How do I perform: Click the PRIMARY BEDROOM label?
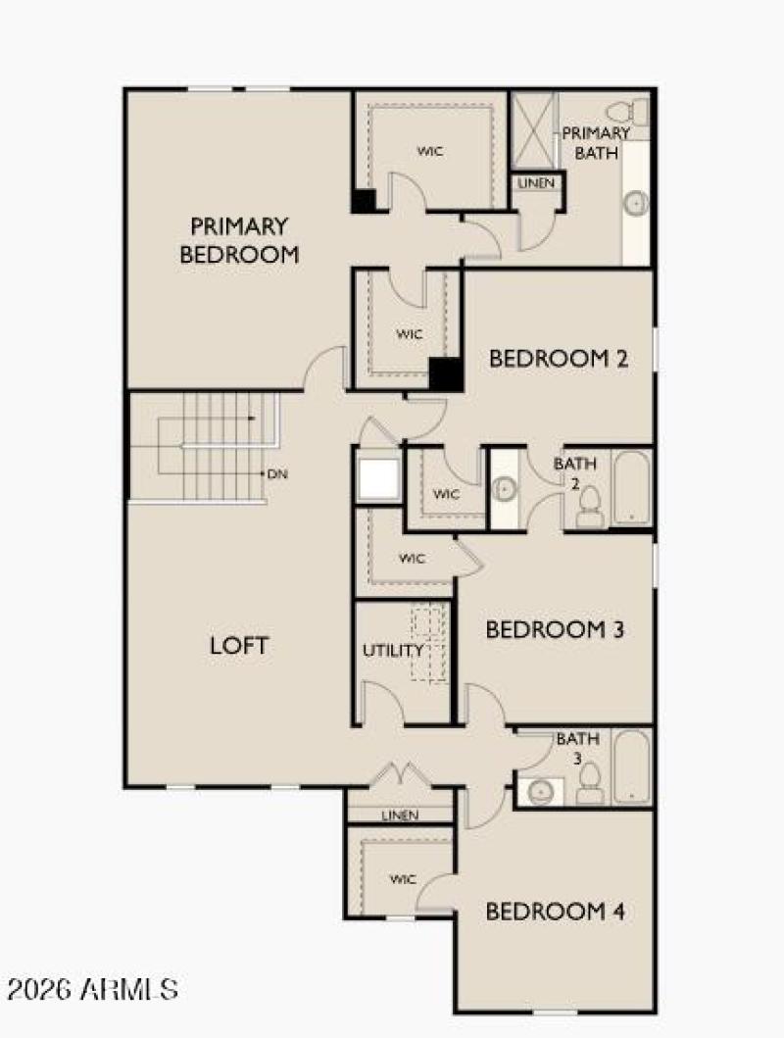click(239, 240)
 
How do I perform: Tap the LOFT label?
click(239, 646)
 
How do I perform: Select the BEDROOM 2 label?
click(558, 359)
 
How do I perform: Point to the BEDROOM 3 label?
click(555, 629)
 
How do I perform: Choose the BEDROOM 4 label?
click(556, 912)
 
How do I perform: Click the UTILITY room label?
click(393, 650)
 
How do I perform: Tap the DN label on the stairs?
click(277, 474)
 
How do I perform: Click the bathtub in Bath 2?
click(632, 487)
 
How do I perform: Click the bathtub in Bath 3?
click(632, 766)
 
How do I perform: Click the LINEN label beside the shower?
click(536, 183)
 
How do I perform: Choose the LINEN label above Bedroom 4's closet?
click(400, 815)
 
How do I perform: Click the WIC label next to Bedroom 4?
click(403, 878)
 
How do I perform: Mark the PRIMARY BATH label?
click(596, 142)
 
